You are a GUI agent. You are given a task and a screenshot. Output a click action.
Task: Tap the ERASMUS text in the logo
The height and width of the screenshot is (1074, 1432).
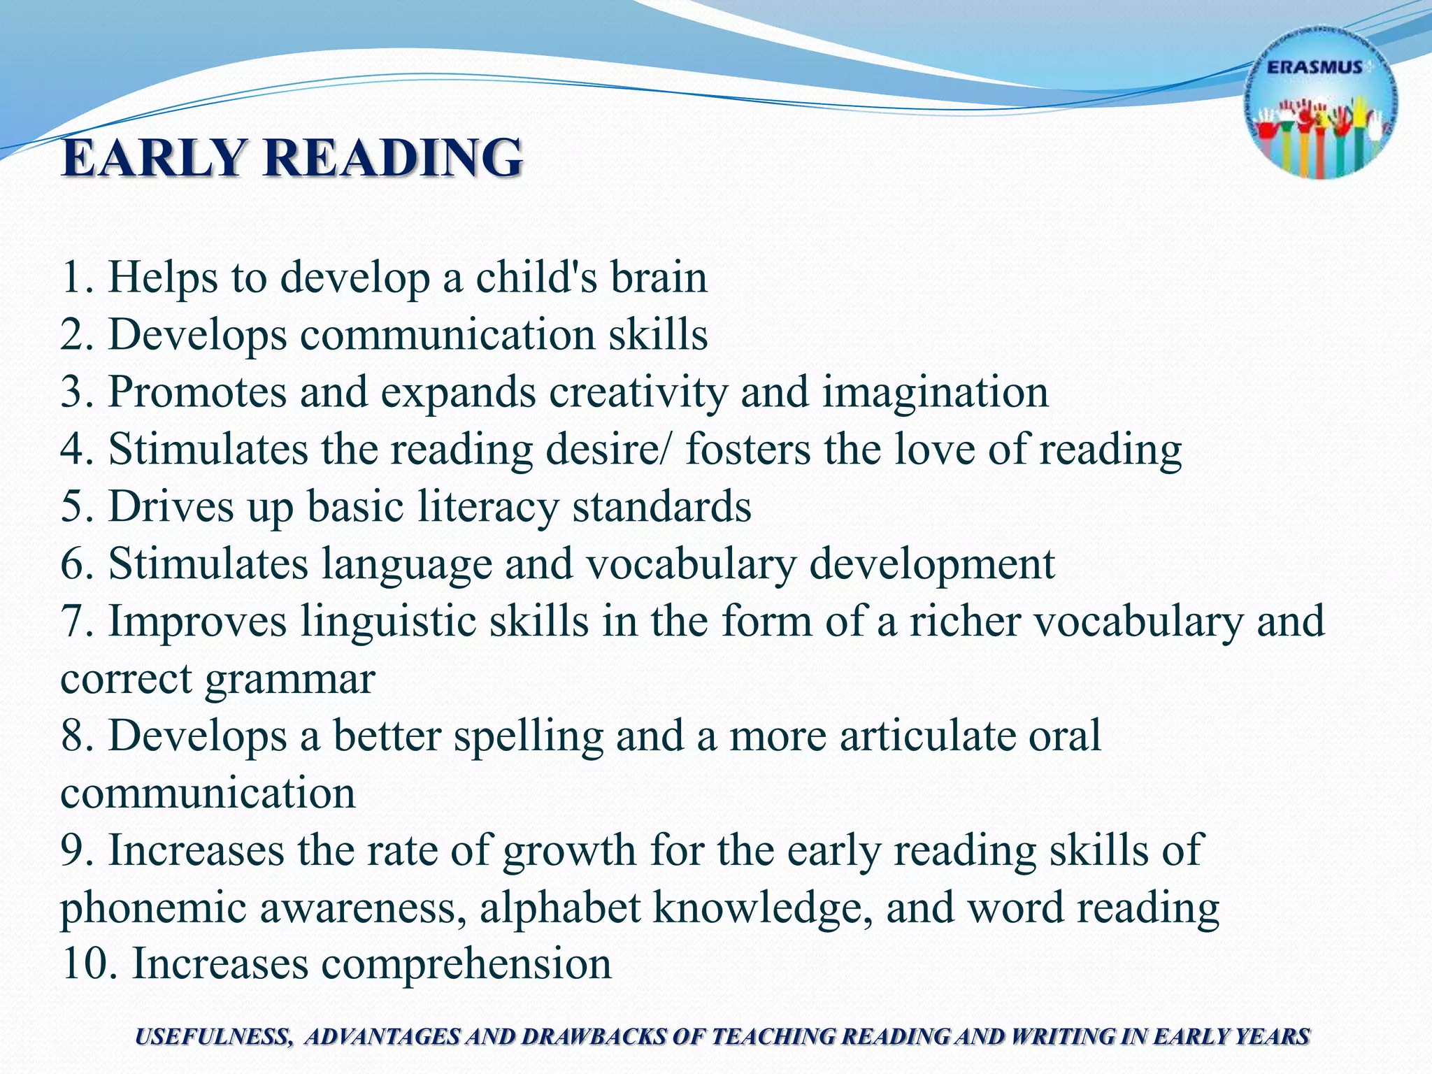click(x=1315, y=68)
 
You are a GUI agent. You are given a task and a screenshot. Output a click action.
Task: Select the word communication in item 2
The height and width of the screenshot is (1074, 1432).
click(x=447, y=334)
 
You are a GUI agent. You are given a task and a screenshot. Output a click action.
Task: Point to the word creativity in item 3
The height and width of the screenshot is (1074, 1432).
click(x=638, y=392)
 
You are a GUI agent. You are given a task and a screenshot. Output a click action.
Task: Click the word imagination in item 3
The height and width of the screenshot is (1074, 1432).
click(x=935, y=392)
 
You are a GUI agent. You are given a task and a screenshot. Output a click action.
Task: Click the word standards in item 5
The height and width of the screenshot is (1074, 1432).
click(x=661, y=506)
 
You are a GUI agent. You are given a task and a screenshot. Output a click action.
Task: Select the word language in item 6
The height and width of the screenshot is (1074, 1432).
click(x=406, y=564)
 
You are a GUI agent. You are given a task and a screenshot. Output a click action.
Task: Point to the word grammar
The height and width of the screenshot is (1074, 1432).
click(x=290, y=678)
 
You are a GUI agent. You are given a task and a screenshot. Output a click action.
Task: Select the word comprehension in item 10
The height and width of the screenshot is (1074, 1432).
click(x=466, y=964)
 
